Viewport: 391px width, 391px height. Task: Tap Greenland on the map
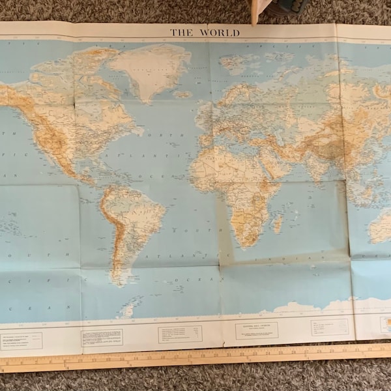click(149, 68)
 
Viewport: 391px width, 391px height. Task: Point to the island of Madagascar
click(279, 224)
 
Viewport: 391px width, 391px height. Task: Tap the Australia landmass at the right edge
click(381, 228)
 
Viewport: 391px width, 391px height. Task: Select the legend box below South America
click(102, 338)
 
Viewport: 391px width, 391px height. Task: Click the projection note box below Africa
click(256, 330)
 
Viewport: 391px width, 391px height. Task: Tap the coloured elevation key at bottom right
click(384, 325)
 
